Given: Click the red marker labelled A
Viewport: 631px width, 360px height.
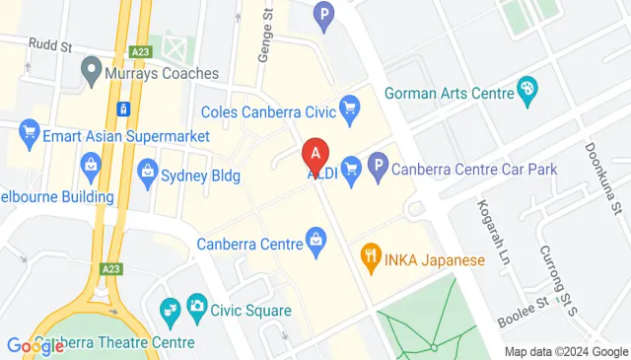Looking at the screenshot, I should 315,154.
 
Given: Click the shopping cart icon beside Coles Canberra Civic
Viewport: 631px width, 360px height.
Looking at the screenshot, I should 348,106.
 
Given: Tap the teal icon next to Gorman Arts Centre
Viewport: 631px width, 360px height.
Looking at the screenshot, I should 527,92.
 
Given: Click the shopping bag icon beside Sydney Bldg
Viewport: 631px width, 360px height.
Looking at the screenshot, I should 148,173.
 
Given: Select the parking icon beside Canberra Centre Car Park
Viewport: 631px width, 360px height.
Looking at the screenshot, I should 377,169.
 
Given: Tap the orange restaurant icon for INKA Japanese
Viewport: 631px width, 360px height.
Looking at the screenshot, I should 371,260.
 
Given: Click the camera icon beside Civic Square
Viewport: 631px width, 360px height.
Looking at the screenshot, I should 196,307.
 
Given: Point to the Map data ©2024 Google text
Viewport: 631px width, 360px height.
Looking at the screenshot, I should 565,352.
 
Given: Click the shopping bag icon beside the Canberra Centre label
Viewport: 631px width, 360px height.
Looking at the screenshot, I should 315,239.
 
